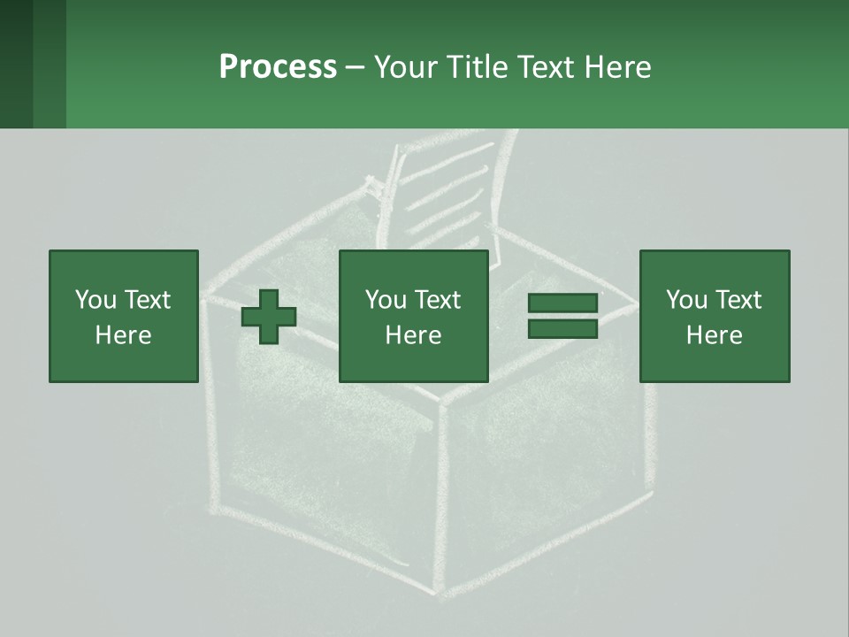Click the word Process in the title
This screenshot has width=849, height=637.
[278, 66]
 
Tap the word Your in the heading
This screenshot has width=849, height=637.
[408, 66]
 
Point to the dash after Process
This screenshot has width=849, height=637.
[355, 68]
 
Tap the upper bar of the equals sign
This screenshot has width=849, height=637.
[562, 303]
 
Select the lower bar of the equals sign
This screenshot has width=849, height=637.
[562, 329]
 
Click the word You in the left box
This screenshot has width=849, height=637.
[95, 300]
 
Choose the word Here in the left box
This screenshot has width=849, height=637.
[123, 335]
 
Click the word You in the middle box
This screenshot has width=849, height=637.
[385, 300]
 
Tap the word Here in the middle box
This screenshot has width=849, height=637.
[413, 335]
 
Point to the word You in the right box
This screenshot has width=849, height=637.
[685, 300]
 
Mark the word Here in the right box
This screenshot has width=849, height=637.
[714, 335]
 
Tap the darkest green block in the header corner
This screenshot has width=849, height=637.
[16, 64]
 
